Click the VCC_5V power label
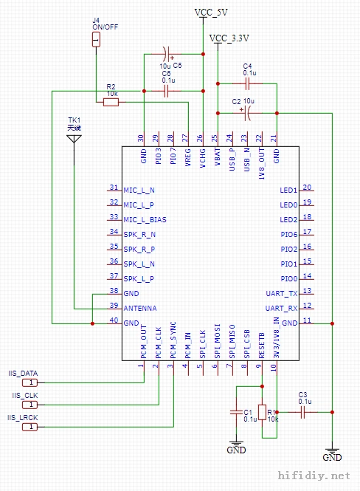point(211,13)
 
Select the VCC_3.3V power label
point(229,38)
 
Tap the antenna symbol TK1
point(75,142)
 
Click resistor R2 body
point(111,103)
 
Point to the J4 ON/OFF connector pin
point(96,38)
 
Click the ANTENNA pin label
point(140,308)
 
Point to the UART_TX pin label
point(282,293)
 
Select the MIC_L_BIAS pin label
point(145,219)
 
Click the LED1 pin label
point(288,190)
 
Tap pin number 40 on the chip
point(114,320)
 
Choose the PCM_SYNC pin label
point(173,340)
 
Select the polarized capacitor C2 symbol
point(248,113)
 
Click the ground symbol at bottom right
point(332,450)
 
